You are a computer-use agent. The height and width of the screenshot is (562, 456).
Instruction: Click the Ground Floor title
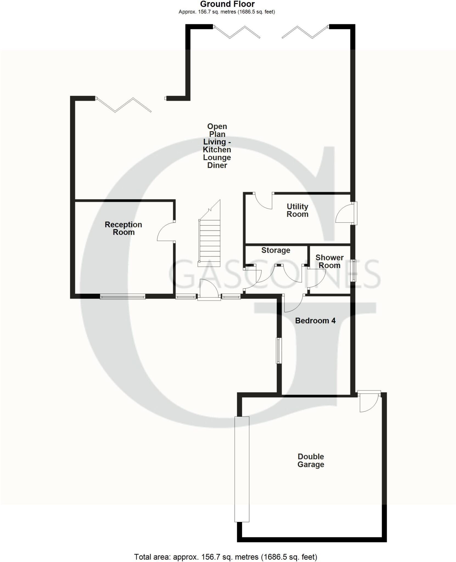pyautogui.click(x=227, y=4)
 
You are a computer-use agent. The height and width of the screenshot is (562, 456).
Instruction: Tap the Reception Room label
pyautogui.click(x=123, y=228)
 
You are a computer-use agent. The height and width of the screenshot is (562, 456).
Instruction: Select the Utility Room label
pyautogui.click(x=297, y=210)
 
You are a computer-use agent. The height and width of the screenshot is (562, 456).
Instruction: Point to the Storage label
pyautogui.click(x=276, y=250)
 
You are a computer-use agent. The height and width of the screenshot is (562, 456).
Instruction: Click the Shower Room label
pyautogui.click(x=329, y=261)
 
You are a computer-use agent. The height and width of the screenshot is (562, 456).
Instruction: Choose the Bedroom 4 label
pyautogui.click(x=315, y=321)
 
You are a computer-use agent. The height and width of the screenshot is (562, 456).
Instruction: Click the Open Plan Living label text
pyautogui.click(x=217, y=146)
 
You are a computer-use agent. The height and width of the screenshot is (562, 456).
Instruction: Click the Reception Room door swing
pyautogui.click(x=166, y=232)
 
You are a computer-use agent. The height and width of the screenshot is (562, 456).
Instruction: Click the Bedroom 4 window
pyautogui.click(x=279, y=350)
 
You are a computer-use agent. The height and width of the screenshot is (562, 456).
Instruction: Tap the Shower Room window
pyautogui.click(x=354, y=270)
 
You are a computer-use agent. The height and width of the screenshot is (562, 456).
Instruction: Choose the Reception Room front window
pyautogui.click(x=122, y=296)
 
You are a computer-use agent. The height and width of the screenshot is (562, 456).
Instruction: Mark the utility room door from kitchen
pyautogui.click(x=263, y=201)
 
